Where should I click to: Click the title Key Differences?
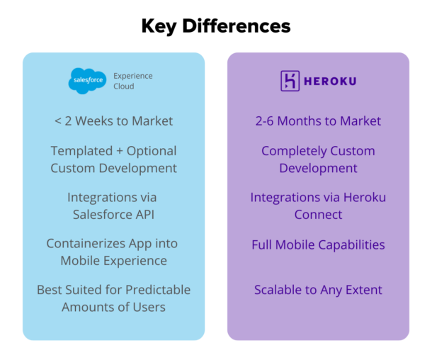[215, 26]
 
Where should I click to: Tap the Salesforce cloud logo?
[88, 81]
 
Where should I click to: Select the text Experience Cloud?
[133, 81]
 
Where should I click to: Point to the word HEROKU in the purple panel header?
[330, 81]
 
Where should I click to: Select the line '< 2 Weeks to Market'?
[113, 121]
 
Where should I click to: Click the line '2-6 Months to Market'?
[318, 121]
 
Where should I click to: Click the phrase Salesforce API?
[113, 214]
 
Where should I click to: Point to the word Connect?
[318, 214]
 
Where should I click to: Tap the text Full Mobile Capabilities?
[318, 245]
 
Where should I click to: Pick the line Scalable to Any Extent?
[318, 290]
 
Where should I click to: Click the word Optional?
[149, 151]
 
